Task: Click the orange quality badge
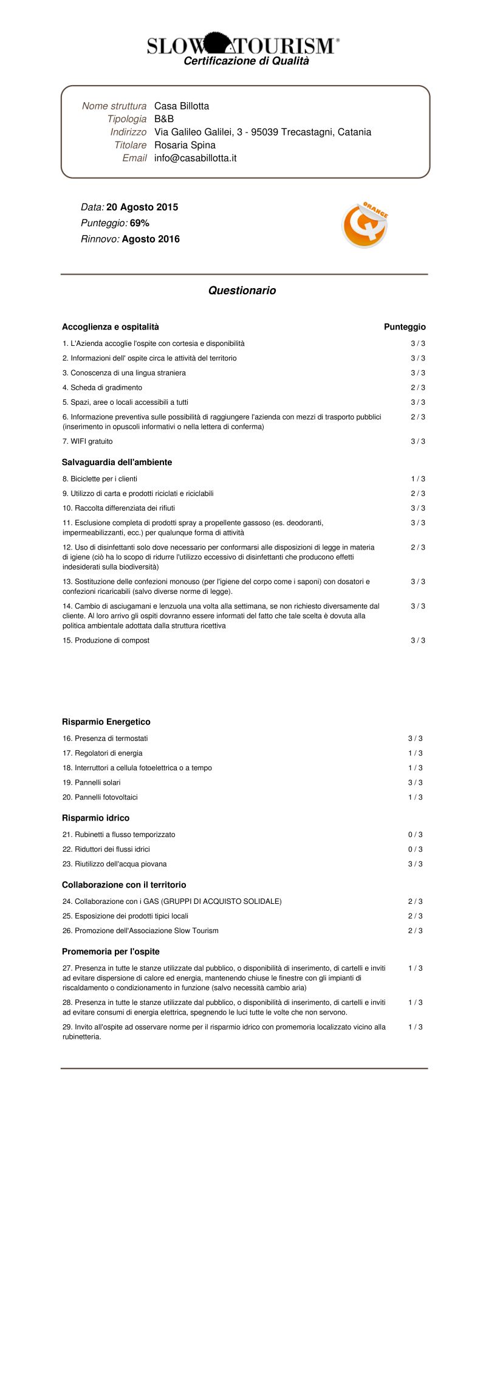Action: (364, 225)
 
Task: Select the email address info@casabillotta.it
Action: (195, 158)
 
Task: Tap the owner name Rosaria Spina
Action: (185, 145)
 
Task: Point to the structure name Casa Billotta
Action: (182, 106)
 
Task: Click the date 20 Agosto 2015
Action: (142, 207)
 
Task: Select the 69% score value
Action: (140, 223)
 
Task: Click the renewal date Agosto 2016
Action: (151, 239)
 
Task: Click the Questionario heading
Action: (242, 291)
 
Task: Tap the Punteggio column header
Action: (405, 327)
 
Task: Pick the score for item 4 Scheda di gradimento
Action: (418, 388)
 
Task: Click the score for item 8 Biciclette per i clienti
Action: (418, 479)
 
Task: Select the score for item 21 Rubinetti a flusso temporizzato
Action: (416, 835)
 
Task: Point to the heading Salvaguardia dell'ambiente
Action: (117, 463)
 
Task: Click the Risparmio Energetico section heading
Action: (106, 722)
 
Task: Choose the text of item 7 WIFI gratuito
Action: (87, 441)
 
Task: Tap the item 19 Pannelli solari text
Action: (92, 782)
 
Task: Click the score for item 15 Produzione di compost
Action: (418, 641)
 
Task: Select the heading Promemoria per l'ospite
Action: (111, 952)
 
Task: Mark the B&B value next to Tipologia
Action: (164, 119)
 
